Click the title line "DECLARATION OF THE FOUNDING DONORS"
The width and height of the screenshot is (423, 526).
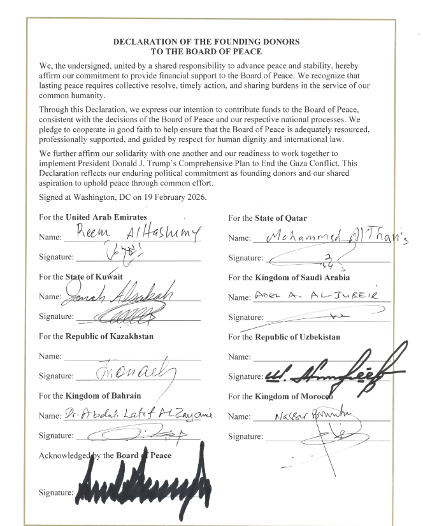[206, 41]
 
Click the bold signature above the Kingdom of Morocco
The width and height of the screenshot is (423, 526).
[331, 373]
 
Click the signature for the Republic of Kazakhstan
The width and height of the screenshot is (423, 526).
[137, 371]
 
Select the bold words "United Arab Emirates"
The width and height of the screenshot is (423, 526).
[106, 217]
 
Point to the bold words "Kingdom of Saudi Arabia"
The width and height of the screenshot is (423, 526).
[302, 277]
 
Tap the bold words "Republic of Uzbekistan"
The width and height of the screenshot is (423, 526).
[298, 336]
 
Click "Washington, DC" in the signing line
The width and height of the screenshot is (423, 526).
[96, 197]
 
